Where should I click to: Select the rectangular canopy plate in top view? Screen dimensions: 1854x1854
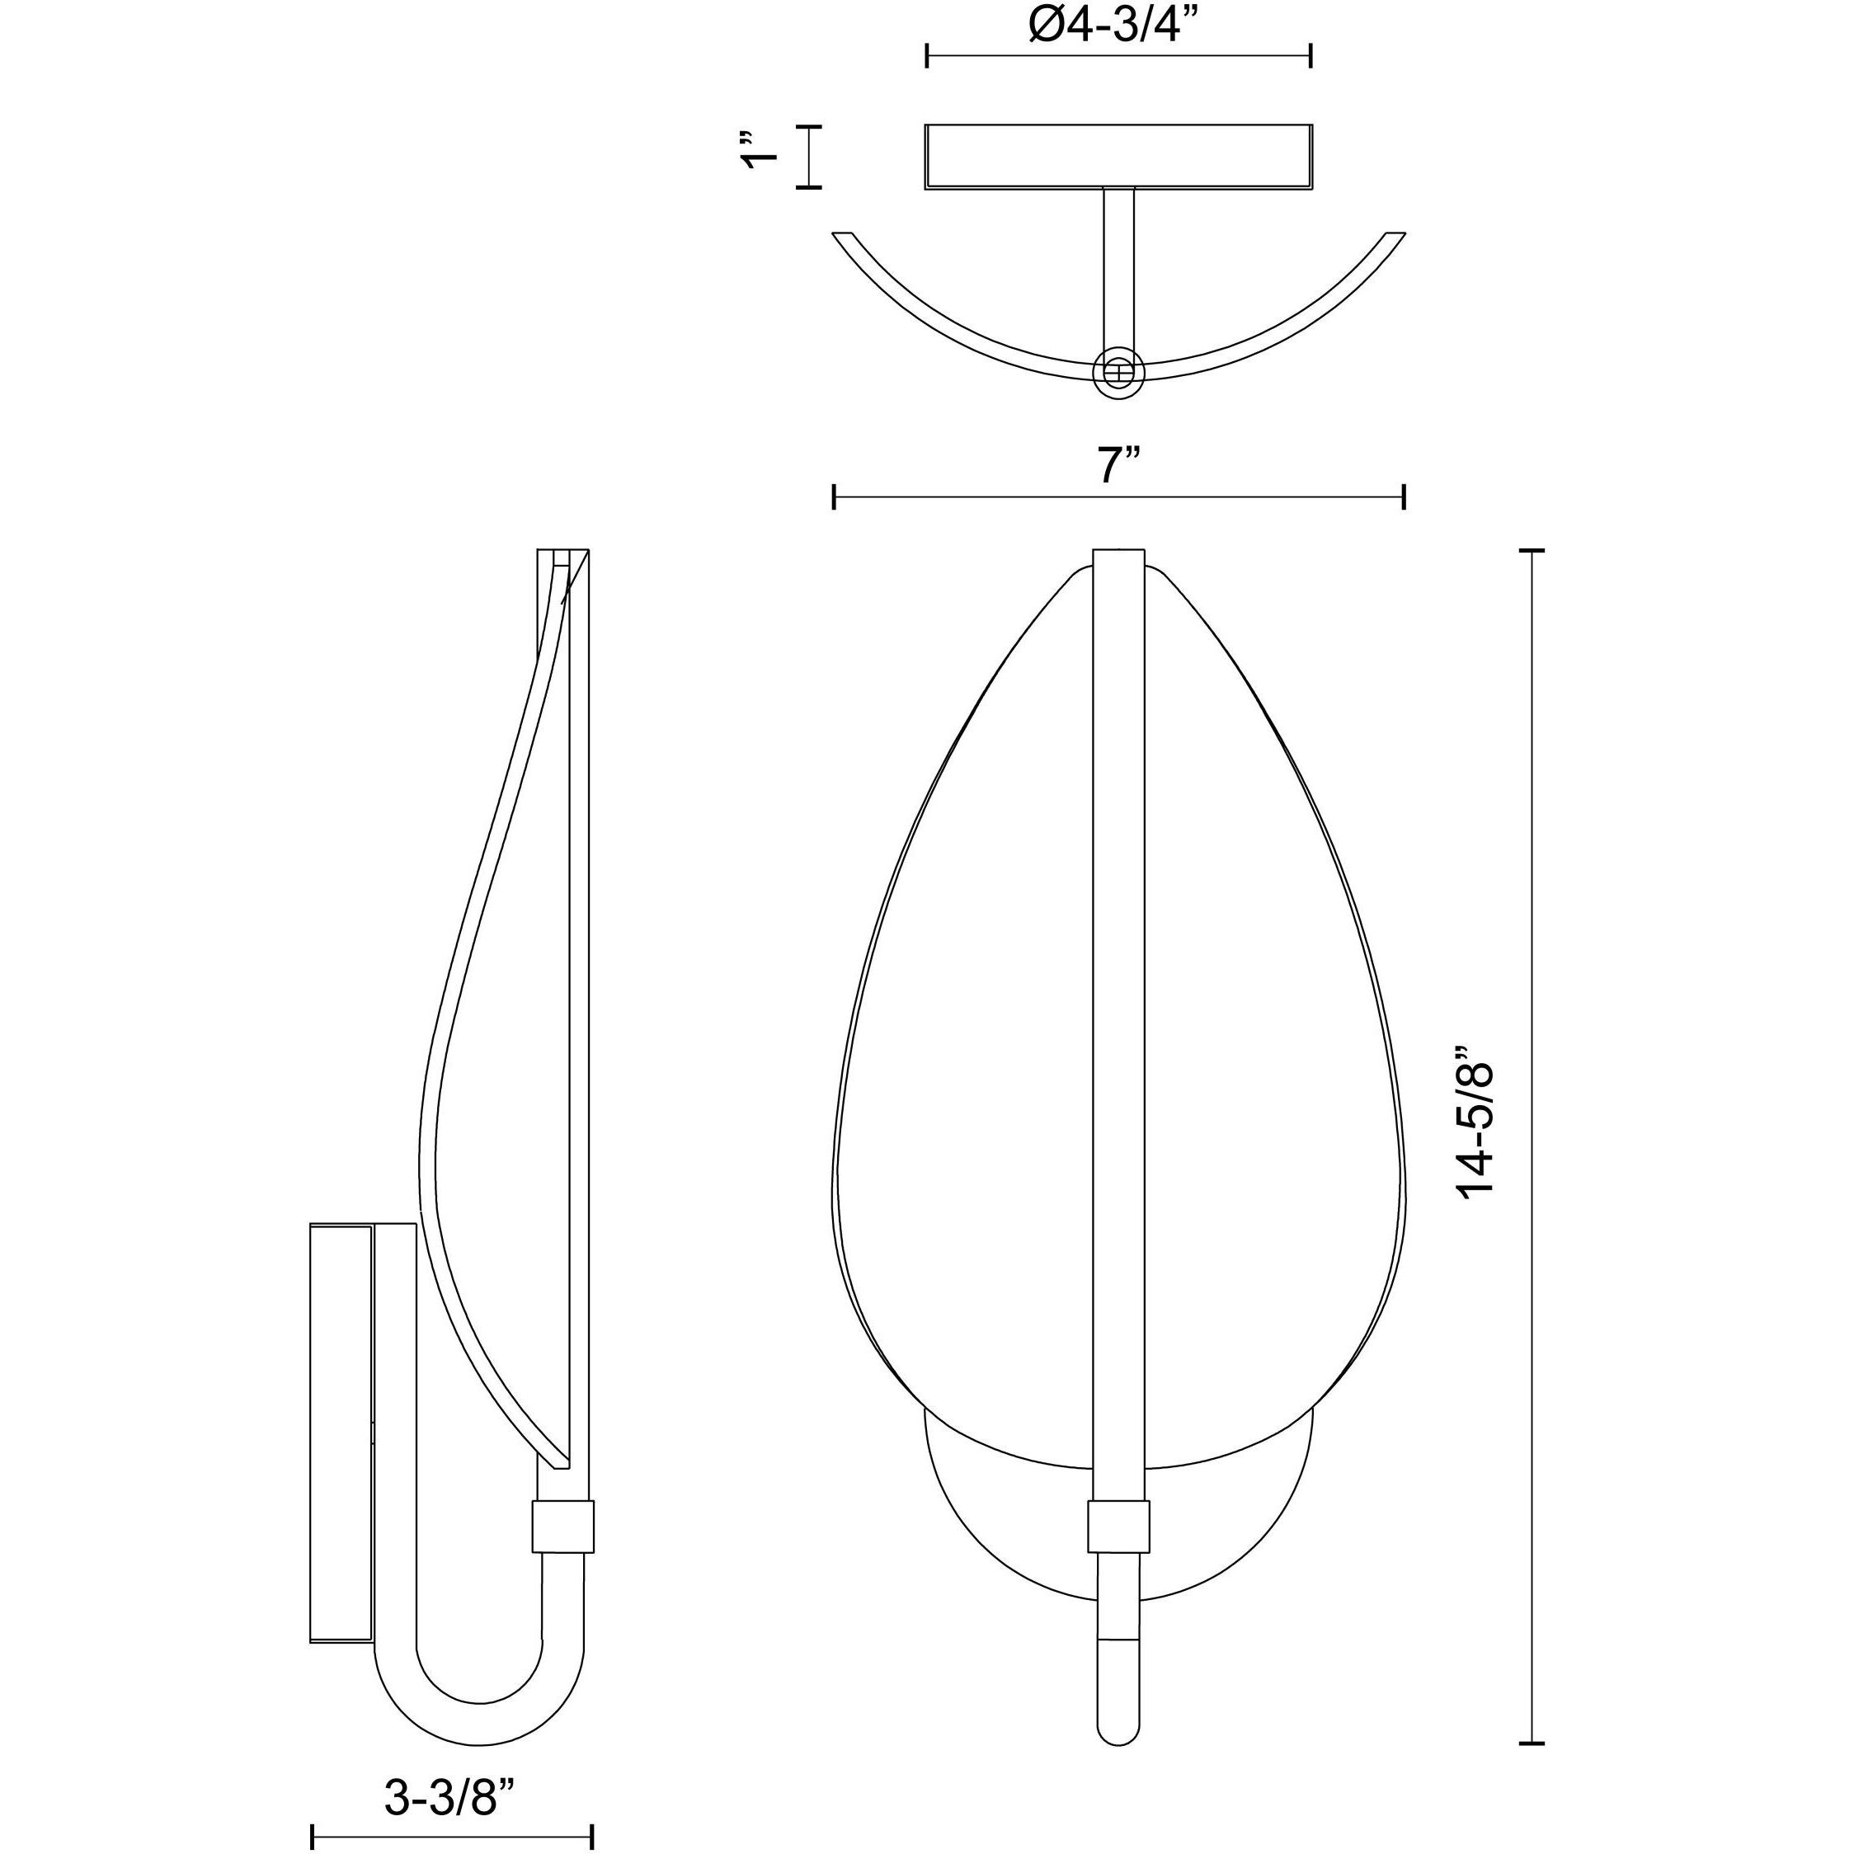1118,157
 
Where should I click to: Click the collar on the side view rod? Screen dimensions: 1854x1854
562,1525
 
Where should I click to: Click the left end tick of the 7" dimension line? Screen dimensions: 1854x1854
834,497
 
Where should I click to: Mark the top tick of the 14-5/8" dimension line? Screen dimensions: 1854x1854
1532,551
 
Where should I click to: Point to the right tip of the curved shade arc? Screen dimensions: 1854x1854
1395,236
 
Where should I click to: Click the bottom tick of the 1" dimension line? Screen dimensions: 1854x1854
809,187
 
